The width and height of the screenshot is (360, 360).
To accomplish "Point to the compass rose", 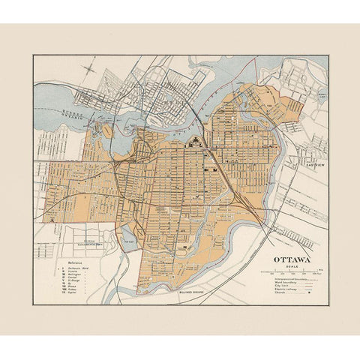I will (91, 70).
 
